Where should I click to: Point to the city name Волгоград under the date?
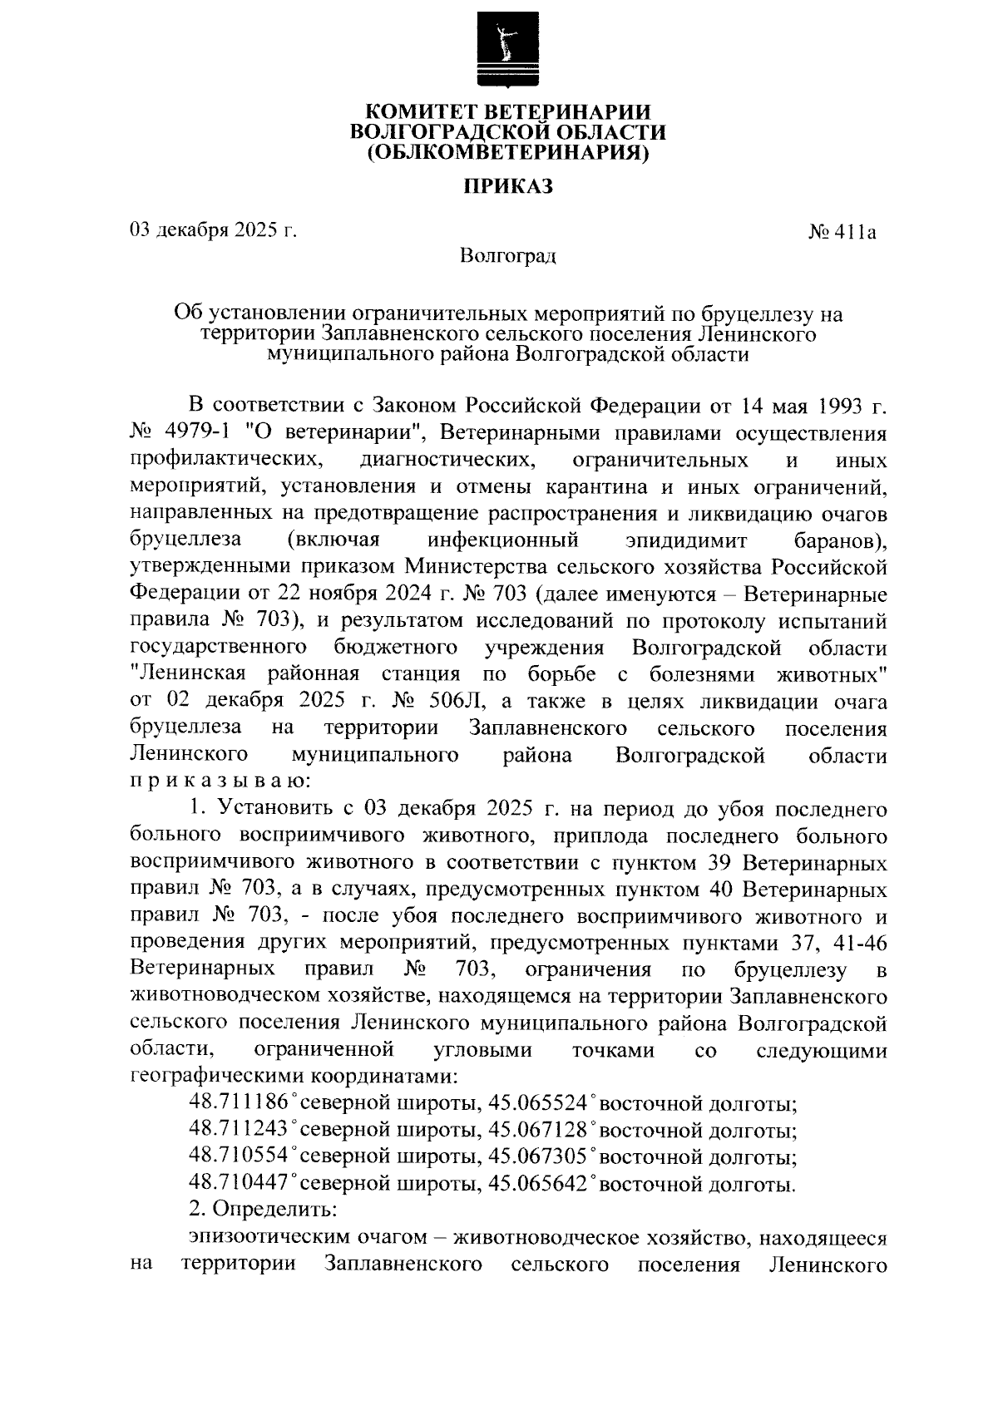508,255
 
